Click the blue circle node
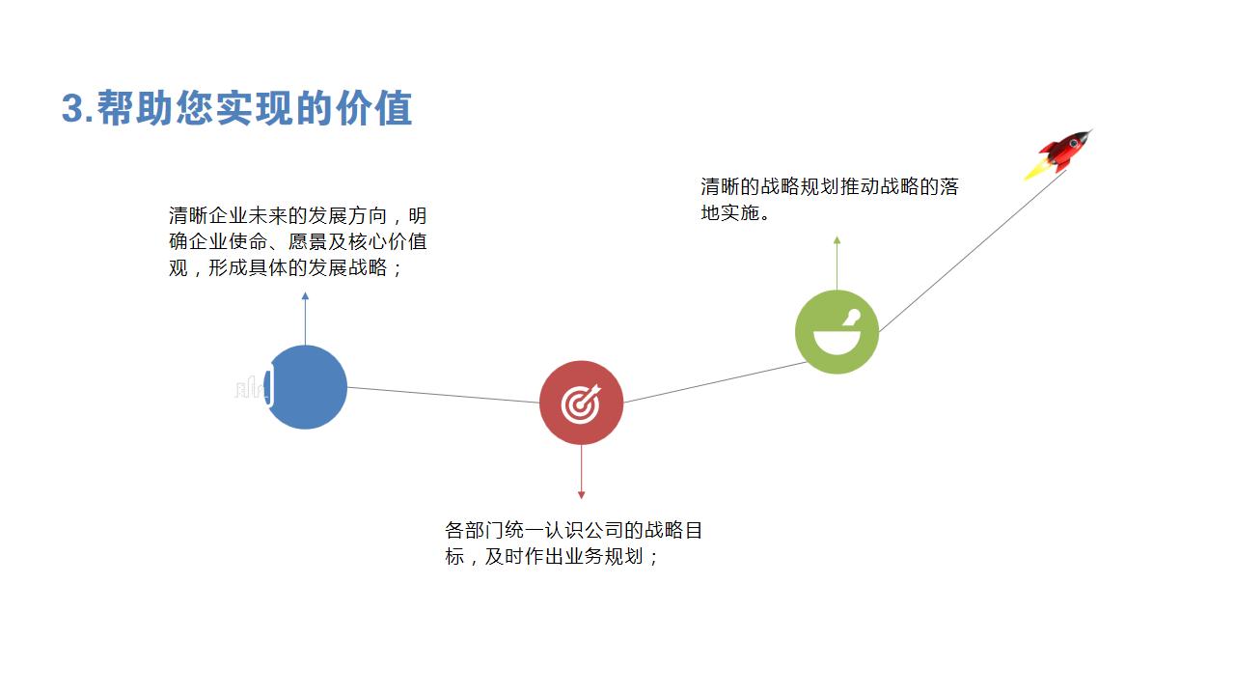(306, 387)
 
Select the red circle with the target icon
(581, 403)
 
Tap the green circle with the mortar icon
(837, 332)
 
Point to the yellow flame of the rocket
(1036, 170)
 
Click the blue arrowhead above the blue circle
(305, 296)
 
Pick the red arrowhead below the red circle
(581, 495)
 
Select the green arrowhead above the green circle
(837, 240)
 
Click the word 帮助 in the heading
(135, 108)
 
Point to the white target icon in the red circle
(581, 403)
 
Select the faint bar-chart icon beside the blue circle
(252, 387)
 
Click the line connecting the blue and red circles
(444, 395)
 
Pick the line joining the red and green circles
(716, 381)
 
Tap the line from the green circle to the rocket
(973, 251)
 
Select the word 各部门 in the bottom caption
(474, 530)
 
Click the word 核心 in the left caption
(368, 241)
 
